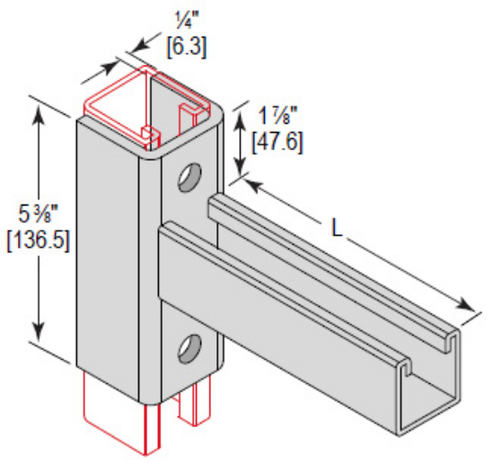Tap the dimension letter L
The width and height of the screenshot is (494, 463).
pyautogui.click(x=339, y=229)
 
